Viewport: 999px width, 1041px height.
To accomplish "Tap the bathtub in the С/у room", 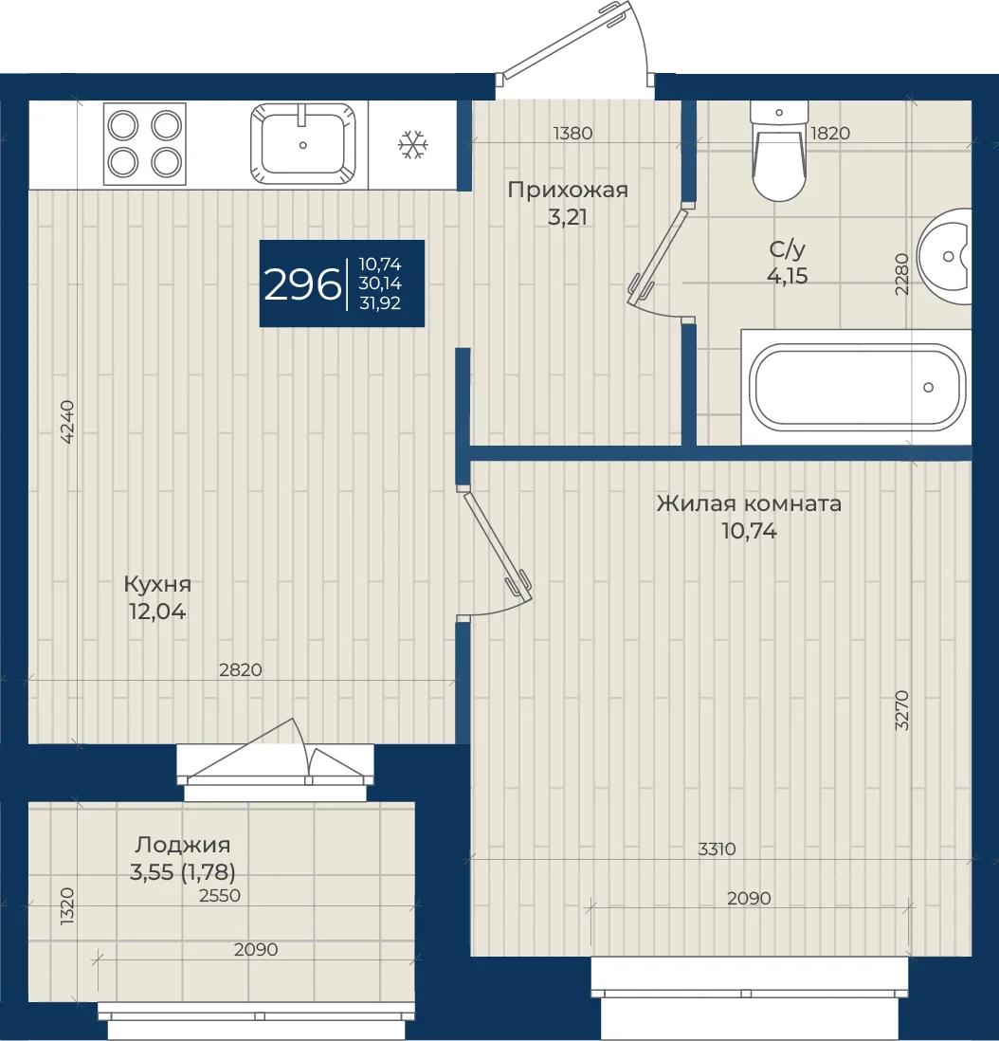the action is click(857, 387).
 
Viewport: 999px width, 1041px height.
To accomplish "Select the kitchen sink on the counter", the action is click(302, 144).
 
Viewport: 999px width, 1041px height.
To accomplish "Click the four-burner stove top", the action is click(145, 144).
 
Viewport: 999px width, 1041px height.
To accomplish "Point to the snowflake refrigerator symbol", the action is click(413, 145).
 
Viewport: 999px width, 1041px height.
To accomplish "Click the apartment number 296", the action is click(302, 284).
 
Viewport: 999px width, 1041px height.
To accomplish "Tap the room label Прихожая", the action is click(568, 191).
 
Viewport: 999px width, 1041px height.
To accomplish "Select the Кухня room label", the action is click(157, 585).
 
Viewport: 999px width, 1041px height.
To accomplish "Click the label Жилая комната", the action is click(749, 503).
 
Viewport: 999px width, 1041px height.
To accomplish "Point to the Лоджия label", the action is click(183, 845).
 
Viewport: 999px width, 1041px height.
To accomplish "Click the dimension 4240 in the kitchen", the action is click(67, 422).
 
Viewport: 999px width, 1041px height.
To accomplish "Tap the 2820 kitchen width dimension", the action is click(241, 670).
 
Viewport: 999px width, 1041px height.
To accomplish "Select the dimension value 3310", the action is click(717, 849).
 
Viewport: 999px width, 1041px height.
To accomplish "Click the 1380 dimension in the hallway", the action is click(572, 134).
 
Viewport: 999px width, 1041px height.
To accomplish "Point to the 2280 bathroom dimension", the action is click(900, 274).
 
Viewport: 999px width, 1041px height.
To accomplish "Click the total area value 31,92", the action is click(380, 303).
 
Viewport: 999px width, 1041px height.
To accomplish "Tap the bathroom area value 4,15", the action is click(788, 276).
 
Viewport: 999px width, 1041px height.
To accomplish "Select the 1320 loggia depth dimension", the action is click(67, 906).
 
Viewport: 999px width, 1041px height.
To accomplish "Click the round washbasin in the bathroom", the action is click(945, 256).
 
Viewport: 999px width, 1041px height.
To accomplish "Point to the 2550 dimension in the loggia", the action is click(220, 896).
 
